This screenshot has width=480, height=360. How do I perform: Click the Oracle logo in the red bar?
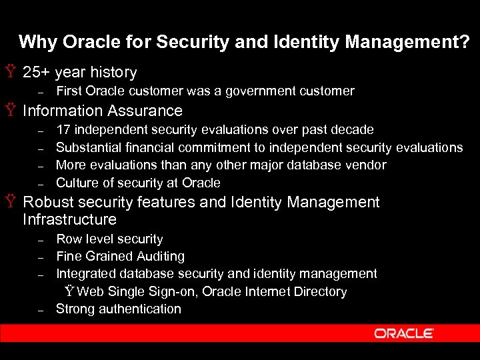[x=404, y=333]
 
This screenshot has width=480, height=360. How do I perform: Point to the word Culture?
[x=77, y=183]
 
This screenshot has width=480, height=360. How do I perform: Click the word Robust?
[x=49, y=202]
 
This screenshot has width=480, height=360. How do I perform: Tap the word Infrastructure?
[x=69, y=219]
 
